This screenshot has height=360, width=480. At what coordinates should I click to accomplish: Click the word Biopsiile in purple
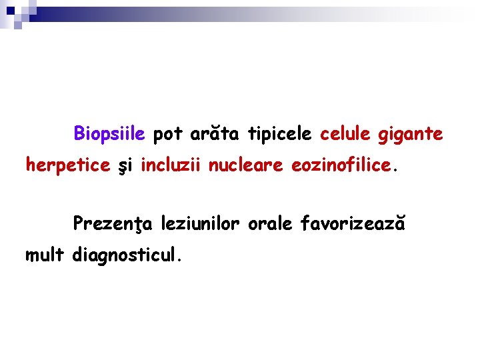109,134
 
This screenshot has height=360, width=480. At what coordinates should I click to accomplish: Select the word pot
167,134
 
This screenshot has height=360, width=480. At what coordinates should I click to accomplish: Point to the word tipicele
279,134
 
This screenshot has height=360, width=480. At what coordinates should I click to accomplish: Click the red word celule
345,134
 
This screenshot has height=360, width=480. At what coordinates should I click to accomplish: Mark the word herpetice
67,165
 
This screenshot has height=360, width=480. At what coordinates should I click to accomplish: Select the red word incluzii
171,165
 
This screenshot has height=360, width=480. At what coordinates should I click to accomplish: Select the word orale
270,223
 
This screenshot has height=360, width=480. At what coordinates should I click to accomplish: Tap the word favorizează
353,223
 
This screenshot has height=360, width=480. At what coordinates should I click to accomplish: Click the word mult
45,254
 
